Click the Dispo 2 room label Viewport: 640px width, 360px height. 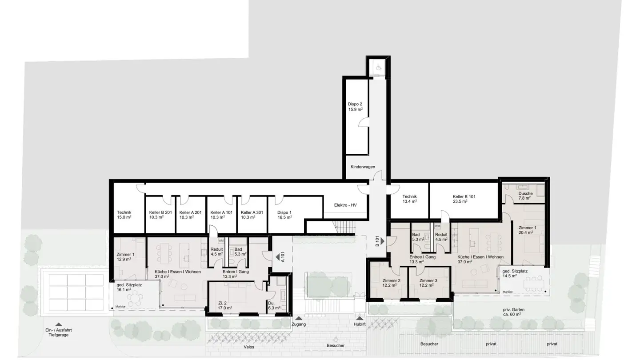(355, 107)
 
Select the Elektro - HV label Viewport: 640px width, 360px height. (345, 205)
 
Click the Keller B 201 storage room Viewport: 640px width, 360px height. (160, 215)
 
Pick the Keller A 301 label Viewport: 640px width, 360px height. (252, 215)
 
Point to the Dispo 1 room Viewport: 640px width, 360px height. (284, 215)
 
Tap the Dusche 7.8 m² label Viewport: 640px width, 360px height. (525, 196)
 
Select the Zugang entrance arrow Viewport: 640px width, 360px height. (299, 318)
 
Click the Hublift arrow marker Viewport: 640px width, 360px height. (360, 318)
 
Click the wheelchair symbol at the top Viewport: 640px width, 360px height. (379, 68)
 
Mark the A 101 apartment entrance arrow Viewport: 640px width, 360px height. (277, 256)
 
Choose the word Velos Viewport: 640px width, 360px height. (249, 347)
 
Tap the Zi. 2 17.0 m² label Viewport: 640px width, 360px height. (225, 304)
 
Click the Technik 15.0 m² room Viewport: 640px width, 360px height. (124, 215)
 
